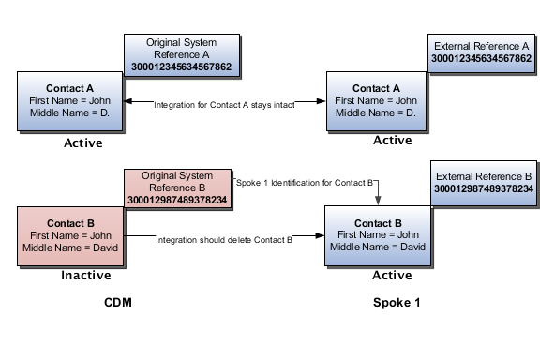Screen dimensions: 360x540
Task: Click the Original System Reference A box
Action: click(x=183, y=55)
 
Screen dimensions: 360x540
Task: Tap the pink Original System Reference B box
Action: click(x=178, y=188)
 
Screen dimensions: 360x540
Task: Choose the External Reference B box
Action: click(x=483, y=182)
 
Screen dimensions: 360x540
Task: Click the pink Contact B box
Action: click(x=70, y=235)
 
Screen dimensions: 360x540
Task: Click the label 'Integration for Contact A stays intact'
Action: click(x=225, y=106)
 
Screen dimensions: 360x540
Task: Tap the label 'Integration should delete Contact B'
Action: click(x=225, y=241)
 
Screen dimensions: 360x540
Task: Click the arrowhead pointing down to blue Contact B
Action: click(x=378, y=200)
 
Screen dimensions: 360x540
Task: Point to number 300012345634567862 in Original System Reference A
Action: click(x=183, y=68)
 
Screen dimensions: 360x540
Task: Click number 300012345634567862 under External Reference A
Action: click(x=482, y=59)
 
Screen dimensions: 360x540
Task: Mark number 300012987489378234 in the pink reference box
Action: click(x=178, y=201)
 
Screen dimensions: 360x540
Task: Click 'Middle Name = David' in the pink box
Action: click(x=70, y=247)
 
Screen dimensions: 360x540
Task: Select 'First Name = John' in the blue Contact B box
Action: click(x=377, y=235)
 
